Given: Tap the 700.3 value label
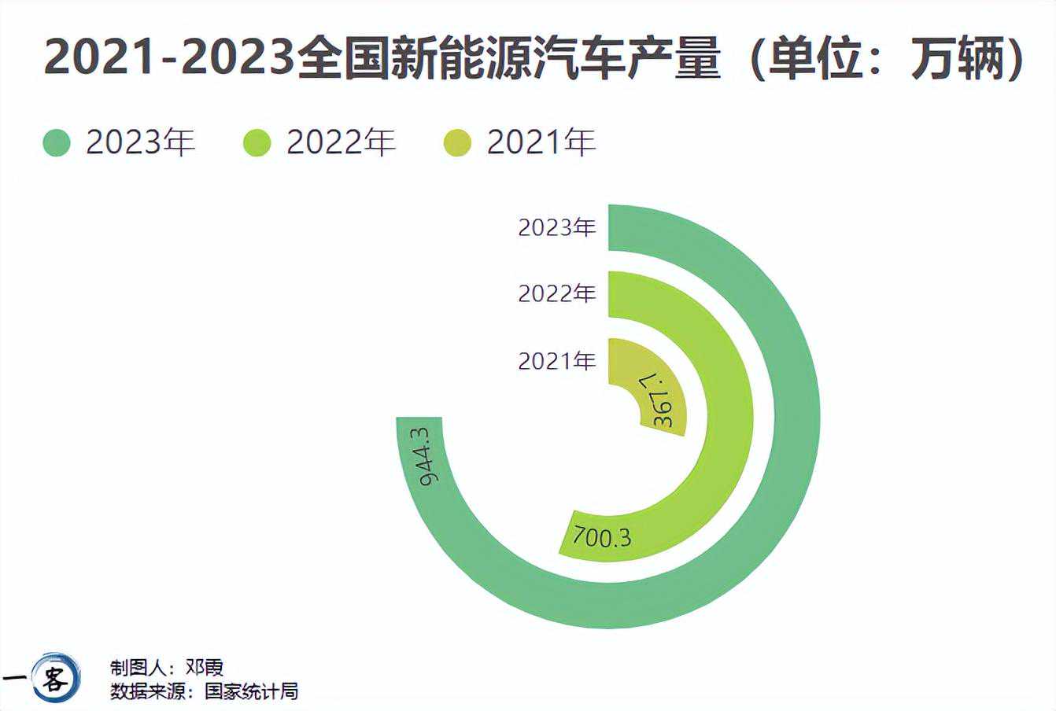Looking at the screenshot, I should [602, 537].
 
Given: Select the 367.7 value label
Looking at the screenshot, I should [664, 401].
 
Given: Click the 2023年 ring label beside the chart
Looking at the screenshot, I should [557, 227].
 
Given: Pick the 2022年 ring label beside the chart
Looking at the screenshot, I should [557, 293].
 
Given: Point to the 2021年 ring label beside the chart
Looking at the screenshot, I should [557, 361].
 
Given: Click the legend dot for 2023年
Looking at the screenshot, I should [57, 143].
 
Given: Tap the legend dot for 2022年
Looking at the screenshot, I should [257, 143].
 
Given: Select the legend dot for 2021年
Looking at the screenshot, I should [457, 143].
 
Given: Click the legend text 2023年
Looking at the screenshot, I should [140, 142].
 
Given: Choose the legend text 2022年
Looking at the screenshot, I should [341, 142].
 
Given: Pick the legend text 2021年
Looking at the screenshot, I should [541, 142].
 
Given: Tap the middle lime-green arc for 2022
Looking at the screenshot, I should [728, 417].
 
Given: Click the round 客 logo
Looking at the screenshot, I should [56, 676].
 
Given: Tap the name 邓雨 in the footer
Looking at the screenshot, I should [205, 668].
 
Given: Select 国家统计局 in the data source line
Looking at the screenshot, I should [251, 691].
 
